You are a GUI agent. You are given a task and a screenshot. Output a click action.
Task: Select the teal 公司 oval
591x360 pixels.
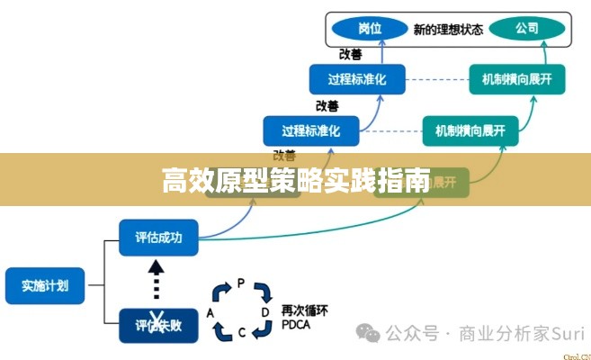[x=527, y=28]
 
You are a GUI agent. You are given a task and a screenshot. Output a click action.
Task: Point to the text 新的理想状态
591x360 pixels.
[x=447, y=29]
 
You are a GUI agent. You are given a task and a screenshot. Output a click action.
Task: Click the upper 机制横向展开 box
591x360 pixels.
[x=517, y=80]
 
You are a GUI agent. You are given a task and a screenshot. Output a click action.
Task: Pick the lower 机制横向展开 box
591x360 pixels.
[x=470, y=130]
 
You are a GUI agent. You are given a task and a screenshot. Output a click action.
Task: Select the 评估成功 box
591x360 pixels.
[x=157, y=238]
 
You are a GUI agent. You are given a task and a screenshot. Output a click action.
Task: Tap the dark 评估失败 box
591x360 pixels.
[x=157, y=325]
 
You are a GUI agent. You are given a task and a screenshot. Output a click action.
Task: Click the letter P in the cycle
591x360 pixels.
[x=240, y=283]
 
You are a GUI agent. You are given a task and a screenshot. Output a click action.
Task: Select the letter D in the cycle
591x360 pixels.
[x=265, y=311]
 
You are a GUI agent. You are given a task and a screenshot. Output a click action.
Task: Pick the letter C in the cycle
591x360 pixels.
[x=241, y=333]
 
